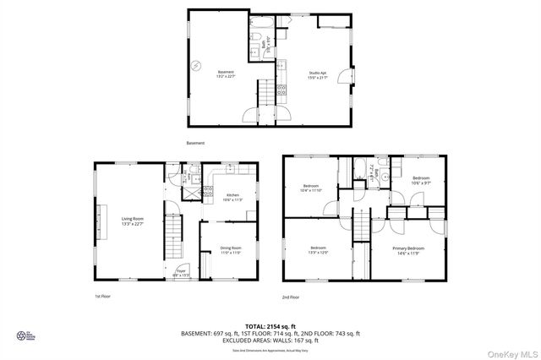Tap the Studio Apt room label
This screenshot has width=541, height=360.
pyautogui.click(x=317, y=74)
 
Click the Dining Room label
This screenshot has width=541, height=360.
pyautogui.click(x=231, y=250)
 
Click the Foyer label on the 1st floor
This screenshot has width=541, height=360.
pyautogui.click(x=181, y=272)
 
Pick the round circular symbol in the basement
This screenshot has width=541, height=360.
pyautogui.click(x=196, y=65)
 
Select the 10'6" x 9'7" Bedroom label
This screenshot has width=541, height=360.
pyautogui.click(x=421, y=181)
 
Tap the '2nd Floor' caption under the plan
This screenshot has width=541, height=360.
pyautogui.click(x=292, y=297)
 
